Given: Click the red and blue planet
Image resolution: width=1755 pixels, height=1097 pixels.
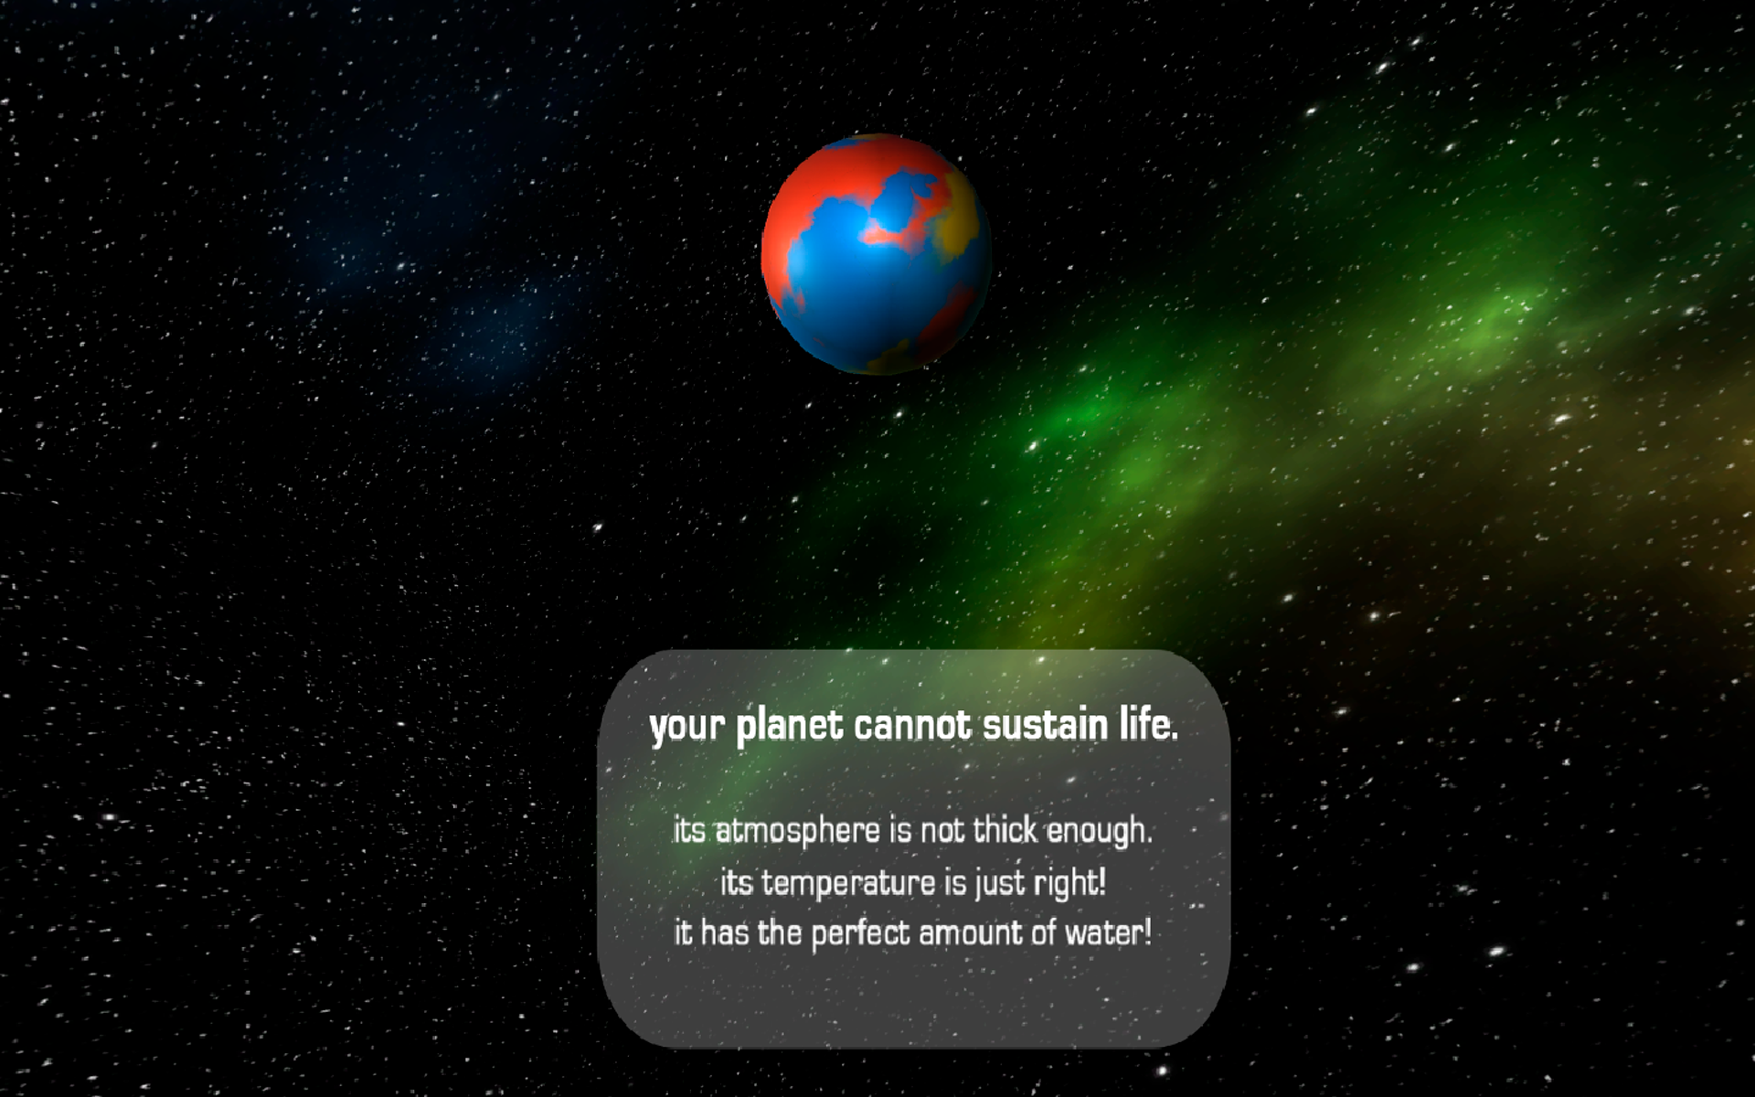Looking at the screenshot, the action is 877,254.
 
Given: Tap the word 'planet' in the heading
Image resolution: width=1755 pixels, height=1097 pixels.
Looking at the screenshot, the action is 790,725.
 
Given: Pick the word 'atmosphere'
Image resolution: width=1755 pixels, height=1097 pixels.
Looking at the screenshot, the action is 797,832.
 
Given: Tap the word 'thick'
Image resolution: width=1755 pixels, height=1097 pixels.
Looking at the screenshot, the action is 1005,830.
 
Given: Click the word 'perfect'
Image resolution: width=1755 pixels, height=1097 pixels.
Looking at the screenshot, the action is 860,934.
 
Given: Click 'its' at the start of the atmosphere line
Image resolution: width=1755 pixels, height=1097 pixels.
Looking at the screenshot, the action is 689,831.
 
